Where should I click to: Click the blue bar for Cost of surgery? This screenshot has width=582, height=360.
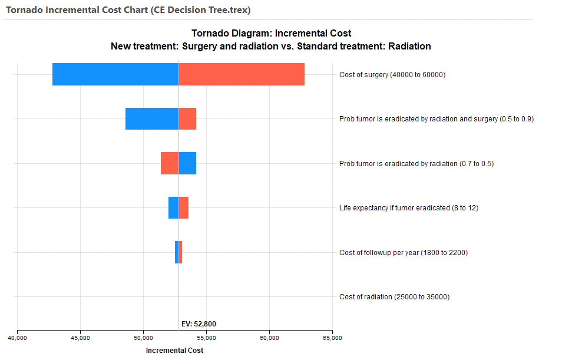click(x=115, y=74)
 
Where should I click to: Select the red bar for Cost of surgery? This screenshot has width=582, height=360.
click(x=242, y=74)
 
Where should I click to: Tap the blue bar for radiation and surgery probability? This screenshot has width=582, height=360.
click(x=152, y=119)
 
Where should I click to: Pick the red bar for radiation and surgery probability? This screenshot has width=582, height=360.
click(x=187, y=119)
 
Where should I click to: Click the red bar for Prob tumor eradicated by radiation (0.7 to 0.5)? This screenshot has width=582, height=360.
click(x=170, y=163)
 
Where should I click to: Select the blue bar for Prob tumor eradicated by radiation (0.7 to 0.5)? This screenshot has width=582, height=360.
click(x=187, y=163)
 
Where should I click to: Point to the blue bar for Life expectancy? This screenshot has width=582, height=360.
click(x=173, y=207)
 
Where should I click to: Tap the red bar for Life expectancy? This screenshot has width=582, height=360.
click(x=184, y=207)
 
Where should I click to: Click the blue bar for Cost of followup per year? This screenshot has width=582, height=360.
click(x=177, y=252)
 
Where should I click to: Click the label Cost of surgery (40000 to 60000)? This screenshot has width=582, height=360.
click(x=392, y=75)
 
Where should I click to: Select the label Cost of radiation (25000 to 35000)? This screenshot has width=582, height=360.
click(x=394, y=297)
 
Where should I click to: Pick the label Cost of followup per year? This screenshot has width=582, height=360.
click(x=404, y=253)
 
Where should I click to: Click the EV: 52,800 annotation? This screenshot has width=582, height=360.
click(x=199, y=323)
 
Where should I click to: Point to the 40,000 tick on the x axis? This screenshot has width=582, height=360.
click(x=17, y=338)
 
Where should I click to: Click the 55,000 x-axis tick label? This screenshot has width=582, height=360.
click(x=206, y=338)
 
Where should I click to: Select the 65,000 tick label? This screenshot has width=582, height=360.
click(x=332, y=338)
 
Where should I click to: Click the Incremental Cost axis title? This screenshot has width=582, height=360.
click(x=174, y=351)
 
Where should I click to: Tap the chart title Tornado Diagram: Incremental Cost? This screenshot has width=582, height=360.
click(x=271, y=34)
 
